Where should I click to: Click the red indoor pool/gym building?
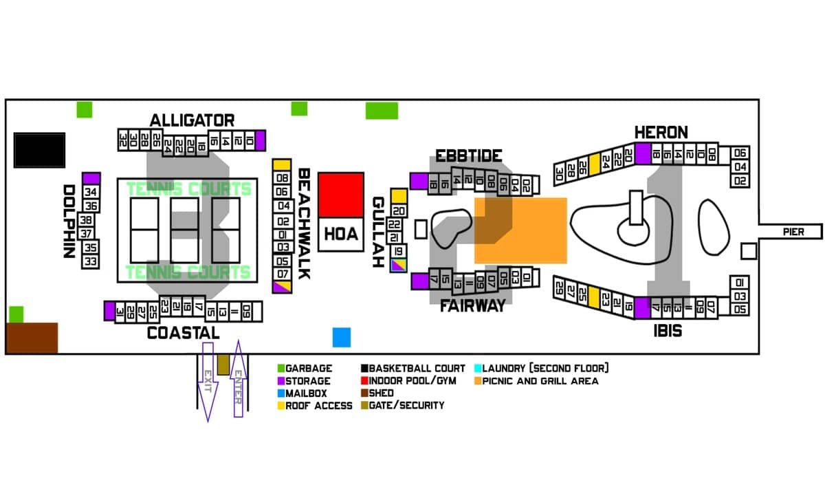click(x=341, y=195)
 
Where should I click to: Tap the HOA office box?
click(x=341, y=234)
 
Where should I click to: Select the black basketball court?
click(x=40, y=150)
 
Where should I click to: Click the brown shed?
click(x=32, y=338)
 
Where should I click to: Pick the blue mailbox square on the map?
click(x=342, y=337)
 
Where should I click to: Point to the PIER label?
click(x=793, y=232)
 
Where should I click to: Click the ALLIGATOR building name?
click(x=192, y=120)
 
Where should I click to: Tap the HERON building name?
click(x=661, y=132)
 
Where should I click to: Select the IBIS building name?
click(x=668, y=331)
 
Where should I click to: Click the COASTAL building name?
click(x=183, y=333)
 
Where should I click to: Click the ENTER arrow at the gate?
click(x=238, y=380)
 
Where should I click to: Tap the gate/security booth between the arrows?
click(x=223, y=365)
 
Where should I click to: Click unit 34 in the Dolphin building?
click(x=91, y=192)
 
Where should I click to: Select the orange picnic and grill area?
click(x=520, y=230)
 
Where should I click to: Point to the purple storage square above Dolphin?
click(x=91, y=178)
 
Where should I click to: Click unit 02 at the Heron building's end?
click(x=740, y=181)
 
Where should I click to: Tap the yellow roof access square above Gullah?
click(x=399, y=196)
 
